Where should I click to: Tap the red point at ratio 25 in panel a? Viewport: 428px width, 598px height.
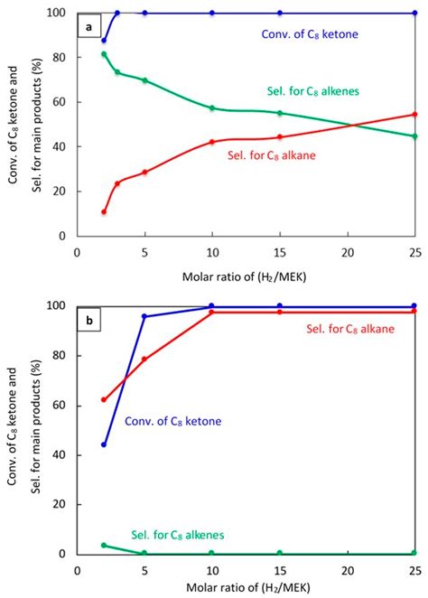point(414,115)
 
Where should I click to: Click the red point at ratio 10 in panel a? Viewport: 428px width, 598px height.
point(212,142)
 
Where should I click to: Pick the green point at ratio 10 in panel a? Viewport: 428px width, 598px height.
point(212,108)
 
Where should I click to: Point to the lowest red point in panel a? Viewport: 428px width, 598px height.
point(104,212)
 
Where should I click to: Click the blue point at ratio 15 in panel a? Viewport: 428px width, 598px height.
point(280,14)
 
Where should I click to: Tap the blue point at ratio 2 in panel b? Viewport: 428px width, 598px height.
point(104,444)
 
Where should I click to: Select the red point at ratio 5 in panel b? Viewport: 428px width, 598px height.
point(144,360)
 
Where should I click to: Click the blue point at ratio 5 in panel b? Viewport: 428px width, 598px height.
point(144,316)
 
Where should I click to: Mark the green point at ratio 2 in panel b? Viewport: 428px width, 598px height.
point(104,545)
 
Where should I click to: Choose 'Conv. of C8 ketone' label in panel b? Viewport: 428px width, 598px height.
point(173,421)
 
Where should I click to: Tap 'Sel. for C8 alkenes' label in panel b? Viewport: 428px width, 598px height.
point(176,535)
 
